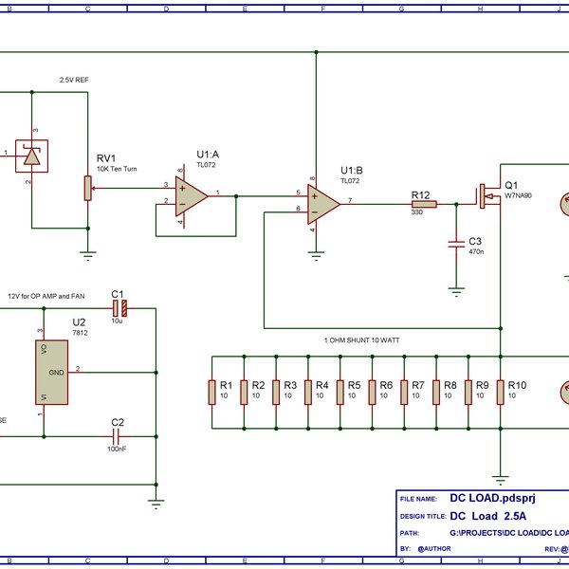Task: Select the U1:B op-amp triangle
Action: (325, 202)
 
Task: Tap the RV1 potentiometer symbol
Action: (88, 188)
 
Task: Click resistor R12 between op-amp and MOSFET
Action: (423, 203)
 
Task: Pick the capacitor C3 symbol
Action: (456, 245)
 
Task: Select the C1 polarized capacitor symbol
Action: (120, 308)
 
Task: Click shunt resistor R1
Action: (212, 392)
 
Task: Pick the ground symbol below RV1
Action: (88, 253)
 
